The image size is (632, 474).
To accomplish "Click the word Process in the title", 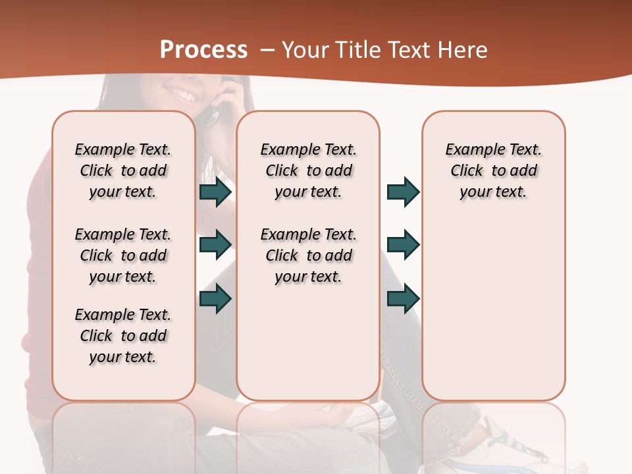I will pyautogui.click(x=203, y=50).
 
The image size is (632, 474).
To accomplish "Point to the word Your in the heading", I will pyautogui.click(x=305, y=50).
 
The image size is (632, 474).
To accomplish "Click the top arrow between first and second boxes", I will pyautogui.click(x=215, y=192).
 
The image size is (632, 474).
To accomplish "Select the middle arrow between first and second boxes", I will pyautogui.click(x=215, y=245).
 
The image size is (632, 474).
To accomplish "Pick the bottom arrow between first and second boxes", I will pyautogui.click(x=215, y=299).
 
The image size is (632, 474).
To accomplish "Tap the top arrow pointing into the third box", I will pyautogui.click(x=403, y=192).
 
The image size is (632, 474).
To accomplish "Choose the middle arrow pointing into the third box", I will pyautogui.click(x=403, y=245).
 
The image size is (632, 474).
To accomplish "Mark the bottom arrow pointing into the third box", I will pyautogui.click(x=403, y=299).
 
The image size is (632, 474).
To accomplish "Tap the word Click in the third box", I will pyautogui.click(x=467, y=171).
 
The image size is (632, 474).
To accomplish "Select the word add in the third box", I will pyautogui.click(x=524, y=171).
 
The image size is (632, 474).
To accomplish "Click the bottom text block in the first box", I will pyautogui.click(x=123, y=336).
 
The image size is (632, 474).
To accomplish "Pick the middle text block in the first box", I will pyautogui.click(x=123, y=255).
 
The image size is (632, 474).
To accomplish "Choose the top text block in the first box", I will pyautogui.click(x=123, y=171).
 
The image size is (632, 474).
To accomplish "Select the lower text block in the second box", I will pyautogui.click(x=308, y=255).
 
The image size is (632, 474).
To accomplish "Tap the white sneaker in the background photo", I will pyautogui.click(x=520, y=448).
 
